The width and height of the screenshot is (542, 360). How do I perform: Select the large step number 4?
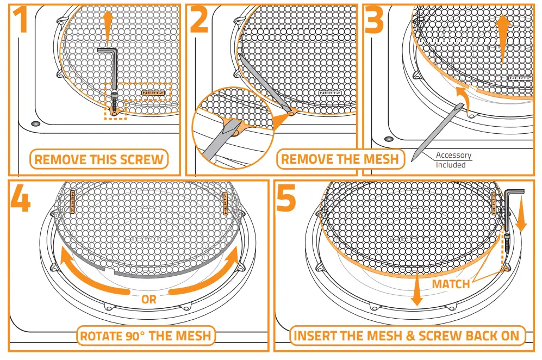[x=20, y=201]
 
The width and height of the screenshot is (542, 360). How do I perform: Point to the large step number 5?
[x=285, y=201]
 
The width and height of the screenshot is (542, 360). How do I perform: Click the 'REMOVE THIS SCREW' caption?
[x=98, y=160]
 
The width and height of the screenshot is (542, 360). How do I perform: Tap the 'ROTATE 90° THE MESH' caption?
[x=145, y=336]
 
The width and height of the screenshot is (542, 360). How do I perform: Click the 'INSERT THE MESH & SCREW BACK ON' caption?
[x=406, y=336]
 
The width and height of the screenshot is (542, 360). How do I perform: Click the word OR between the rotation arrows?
[x=148, y=299]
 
